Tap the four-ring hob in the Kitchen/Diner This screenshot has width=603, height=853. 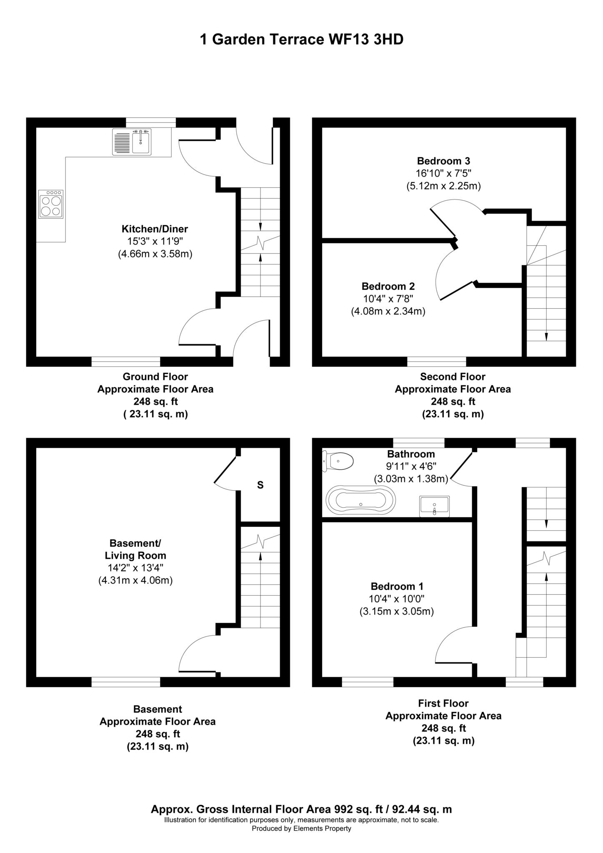click(x=51, y=204)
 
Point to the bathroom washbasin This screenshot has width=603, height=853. click(x=435, y=506)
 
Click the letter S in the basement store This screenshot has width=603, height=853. click(x=260, y=485)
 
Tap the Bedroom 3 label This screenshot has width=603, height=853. click(x=443, y=161)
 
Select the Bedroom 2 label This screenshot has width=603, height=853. click(x=388, y=287)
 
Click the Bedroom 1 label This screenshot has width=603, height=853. click(x=397, y=586)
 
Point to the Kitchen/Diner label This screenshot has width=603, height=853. click(x=155, y=229)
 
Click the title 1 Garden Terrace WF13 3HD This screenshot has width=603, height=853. click(x=302, y=40)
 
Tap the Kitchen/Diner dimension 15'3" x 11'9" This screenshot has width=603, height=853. click(x=155, y=241)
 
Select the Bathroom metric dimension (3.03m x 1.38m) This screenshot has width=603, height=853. click(x=411, y=479)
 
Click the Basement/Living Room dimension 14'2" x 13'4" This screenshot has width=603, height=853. click(x=135, y=568)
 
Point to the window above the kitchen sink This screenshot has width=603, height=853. click(x=151, y=122)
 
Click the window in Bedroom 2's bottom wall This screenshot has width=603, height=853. click(x=436, y=362)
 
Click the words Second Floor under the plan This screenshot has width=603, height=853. click(x=453, y=377)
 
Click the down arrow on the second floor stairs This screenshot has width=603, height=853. click(x=546, y=337)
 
